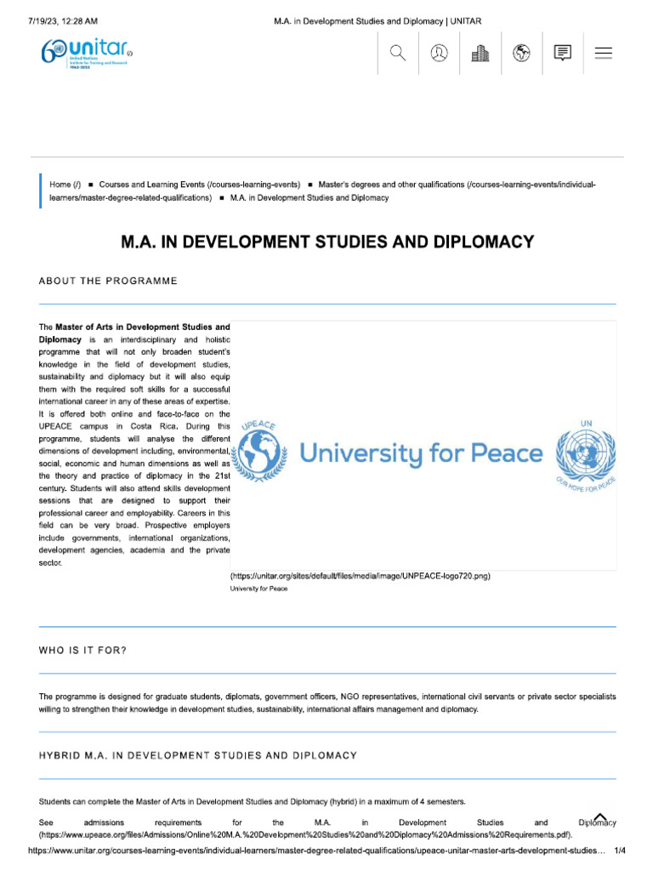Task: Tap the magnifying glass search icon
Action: click(x=398, y=53)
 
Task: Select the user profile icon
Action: click(x=440, y=53)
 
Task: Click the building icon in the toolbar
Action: click(x=480, y=53)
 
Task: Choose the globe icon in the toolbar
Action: click(x=522, y=53)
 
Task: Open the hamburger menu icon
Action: click(x=604, y=53)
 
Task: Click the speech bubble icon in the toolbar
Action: click(x=562, y=53)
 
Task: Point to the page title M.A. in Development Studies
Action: click(x=327, y=242)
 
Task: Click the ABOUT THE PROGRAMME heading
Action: click(x=108, y=282)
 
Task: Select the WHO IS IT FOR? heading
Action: click(x=82, y=651)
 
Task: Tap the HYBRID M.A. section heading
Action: click(x=197, y=755)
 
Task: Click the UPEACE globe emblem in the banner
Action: click(x=260, y=452)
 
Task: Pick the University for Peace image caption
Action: click(x=258, y=588)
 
